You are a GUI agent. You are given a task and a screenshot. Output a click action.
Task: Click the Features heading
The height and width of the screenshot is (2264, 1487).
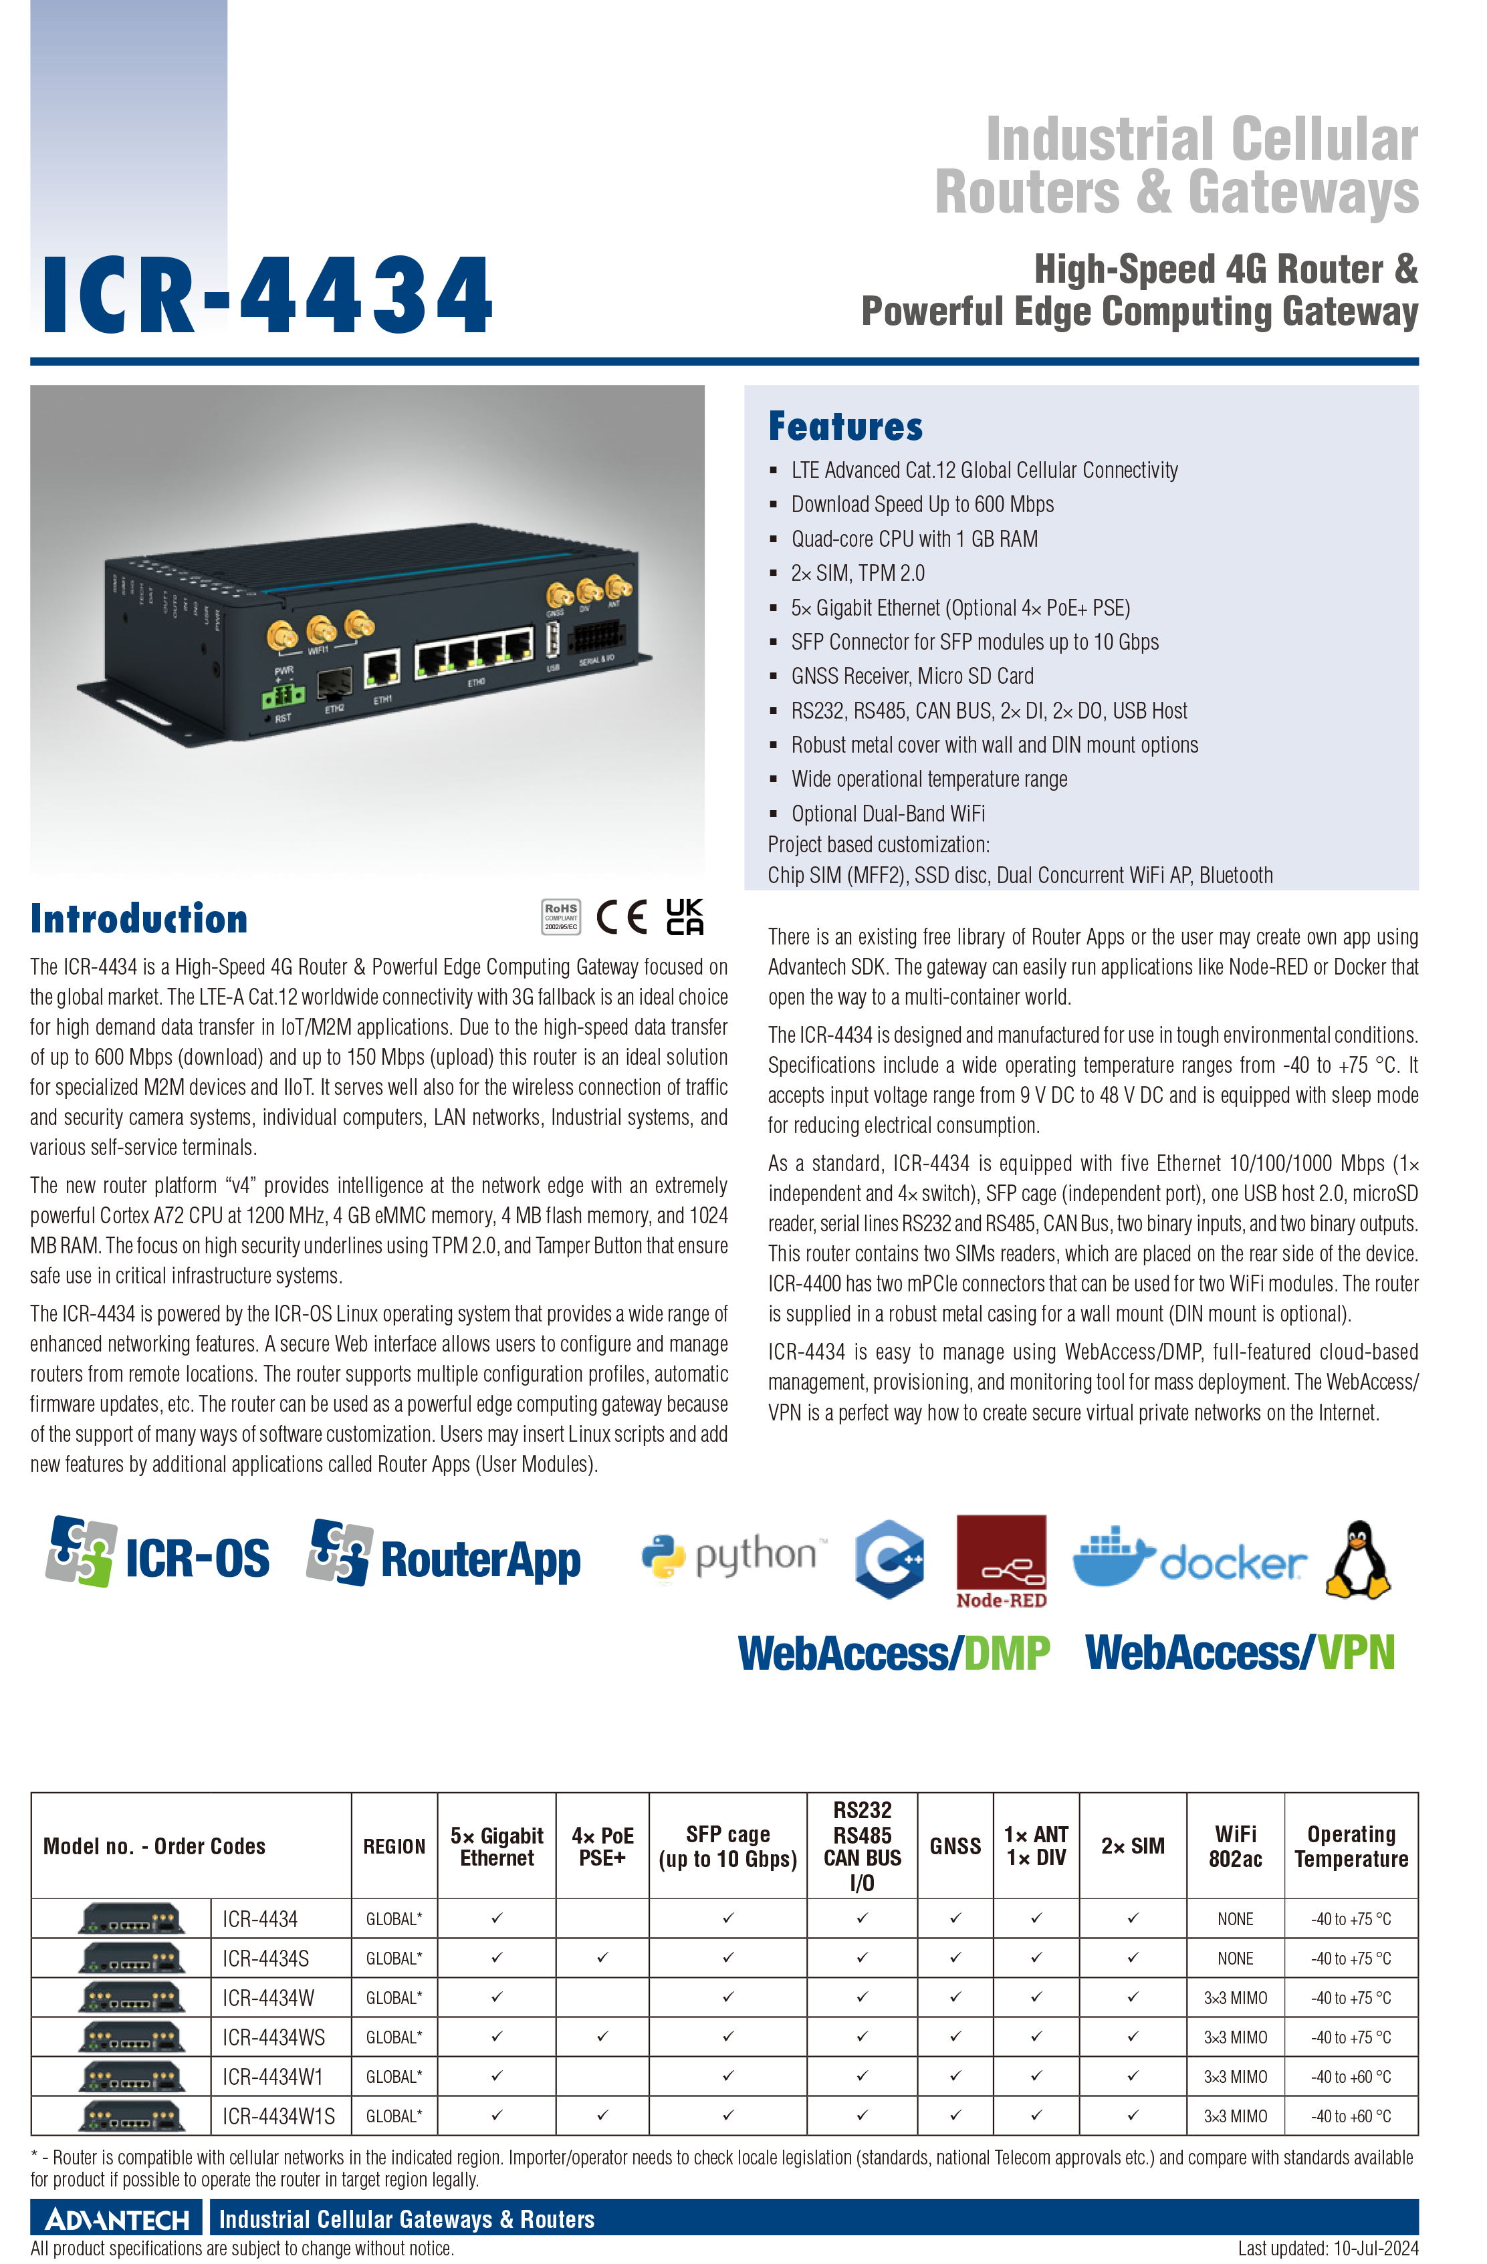[x=845, y=426]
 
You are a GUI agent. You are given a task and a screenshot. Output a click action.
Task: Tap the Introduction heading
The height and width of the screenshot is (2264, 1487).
[x=139, y=918]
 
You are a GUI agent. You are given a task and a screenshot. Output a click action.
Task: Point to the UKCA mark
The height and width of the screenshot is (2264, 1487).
[x=685, y=917]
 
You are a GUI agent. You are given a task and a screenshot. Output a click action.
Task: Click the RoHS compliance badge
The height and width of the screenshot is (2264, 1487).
[x=562, y=917]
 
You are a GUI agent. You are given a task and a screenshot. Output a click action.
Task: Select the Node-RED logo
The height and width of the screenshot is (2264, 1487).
[x=1001, y=1562]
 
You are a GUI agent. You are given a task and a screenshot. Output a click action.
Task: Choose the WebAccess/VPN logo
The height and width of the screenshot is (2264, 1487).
[x=1240, y=1653]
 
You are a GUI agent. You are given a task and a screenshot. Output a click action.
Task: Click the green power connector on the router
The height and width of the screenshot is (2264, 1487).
[x=283, y=697]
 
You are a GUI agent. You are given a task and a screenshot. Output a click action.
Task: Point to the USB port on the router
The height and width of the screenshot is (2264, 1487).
[x=553, y=640]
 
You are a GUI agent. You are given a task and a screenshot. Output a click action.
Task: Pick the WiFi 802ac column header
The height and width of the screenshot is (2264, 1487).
[x=1235, y=1846]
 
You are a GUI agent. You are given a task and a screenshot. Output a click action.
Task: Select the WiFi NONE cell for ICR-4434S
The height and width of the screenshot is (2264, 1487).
[x=1235, y=1958]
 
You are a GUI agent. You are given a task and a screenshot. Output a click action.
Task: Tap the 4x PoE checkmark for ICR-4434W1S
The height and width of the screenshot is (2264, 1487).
[x=602, y=2116]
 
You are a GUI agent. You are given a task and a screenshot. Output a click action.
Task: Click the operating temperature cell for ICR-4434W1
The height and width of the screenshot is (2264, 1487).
[x=1351, y=2077]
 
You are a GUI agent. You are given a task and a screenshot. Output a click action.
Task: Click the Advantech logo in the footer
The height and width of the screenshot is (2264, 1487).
[x=117, y=2219]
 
